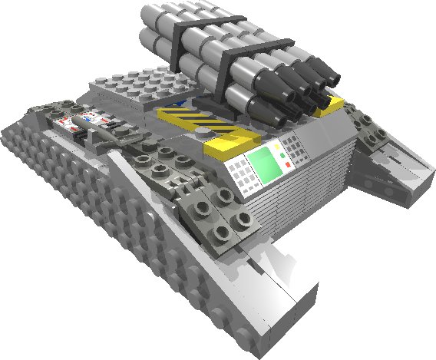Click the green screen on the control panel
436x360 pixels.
point(263,165)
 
